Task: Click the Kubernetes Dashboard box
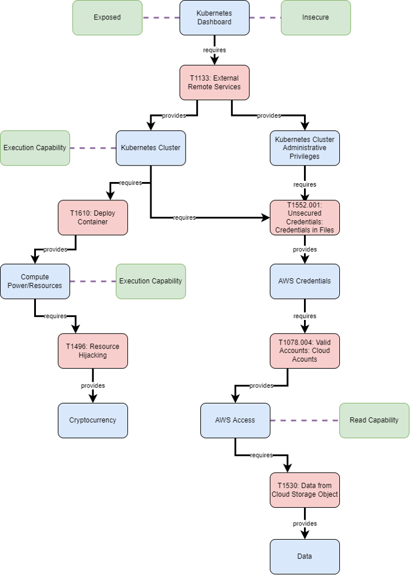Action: (x=214, y=18)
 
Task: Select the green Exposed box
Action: (x=107, y=18)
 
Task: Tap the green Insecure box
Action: (x=315, y=18)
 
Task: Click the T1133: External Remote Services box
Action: (x=214, y=82)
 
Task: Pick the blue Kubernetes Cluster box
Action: (x=151, y=148)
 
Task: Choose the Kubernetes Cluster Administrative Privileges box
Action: (x=305, y=148)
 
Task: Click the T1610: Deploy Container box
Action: (x=92, y=217)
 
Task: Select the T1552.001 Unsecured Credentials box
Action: (x=305, y=217)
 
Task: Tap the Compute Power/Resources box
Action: (x=35, y=281)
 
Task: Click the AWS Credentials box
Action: (x=305, y=281)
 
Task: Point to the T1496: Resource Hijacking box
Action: (x=92, y=351)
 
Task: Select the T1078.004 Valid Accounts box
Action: (x=305, y=351)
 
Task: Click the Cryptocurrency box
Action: (x=92, y=420)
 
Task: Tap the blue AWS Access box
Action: (x=235, y=420)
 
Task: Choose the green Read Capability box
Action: (x=374, y=420)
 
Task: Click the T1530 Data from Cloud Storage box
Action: (x=305, y=490)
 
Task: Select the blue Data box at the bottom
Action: (x=305, y=556)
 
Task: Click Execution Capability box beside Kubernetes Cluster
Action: (x=35, y=148)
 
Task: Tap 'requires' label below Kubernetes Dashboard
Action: (x=214, y=50)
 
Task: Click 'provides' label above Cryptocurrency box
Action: (x=92, y=386)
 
